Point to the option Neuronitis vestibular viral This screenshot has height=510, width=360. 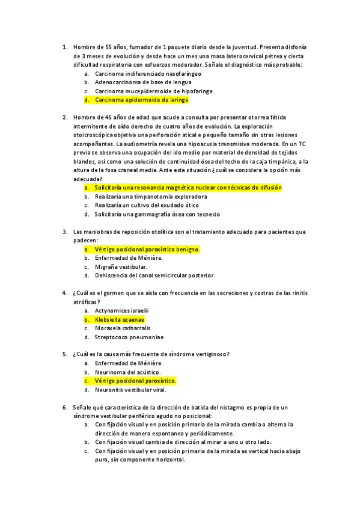tap(130, 390)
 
